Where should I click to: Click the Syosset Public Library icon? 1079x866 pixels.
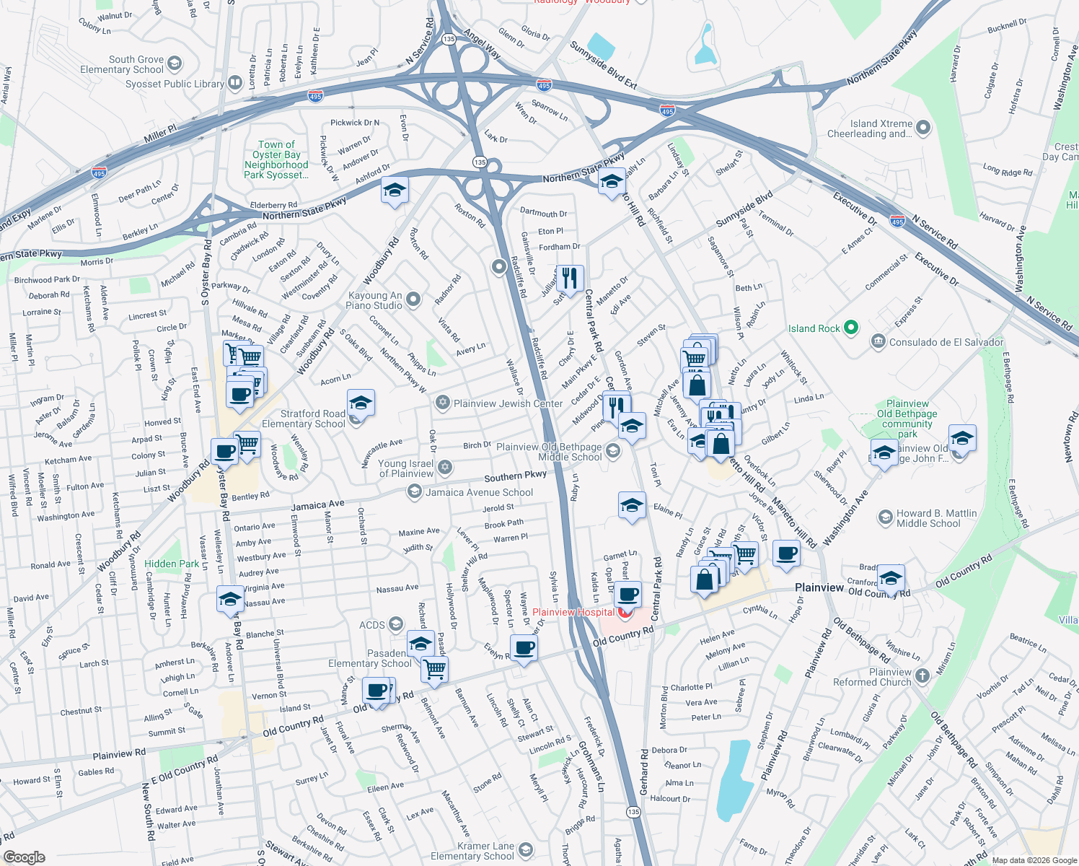pyautogui.click(x=234, y=83)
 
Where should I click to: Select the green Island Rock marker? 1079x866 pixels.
pyautogui.click(x=851, y=328)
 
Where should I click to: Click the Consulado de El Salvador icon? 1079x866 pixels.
pyautogui.click(x=878, y=341)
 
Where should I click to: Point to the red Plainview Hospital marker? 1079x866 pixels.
pyautogui.click(x=625, y=613)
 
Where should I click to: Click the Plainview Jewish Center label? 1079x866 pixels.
pyautogui.click(x=508, y=403)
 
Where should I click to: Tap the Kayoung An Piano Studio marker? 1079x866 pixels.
pyautogui.click(x=413, y=299)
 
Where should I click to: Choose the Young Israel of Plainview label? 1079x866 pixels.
pyautogui.click(x=406, y=468)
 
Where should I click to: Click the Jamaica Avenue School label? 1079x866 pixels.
pyautogui.click(x=480, y=492)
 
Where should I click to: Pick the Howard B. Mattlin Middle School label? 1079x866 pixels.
pyautogui.click(x=936, y=518)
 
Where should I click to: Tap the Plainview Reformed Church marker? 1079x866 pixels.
pyautogui.click(x=922, y=677)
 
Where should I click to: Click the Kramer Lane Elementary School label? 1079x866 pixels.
pyautogui.click(x=472, y=851)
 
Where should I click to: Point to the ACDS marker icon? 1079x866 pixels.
pyautogui.click(x=395, y=624)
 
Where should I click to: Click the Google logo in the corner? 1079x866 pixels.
pyautogui.click(x=25, y=857)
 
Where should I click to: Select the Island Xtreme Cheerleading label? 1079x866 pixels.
pyautogui.click(x=869, y=128)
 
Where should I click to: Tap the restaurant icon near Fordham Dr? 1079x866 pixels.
pyautogui.click(x=570, y=278)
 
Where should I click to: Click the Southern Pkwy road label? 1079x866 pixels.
pyautogui.click(x=515, y=476)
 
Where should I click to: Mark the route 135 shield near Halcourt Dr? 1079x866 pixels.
pyautogui.click(x=633, y=812)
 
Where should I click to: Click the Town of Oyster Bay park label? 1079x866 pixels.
pyautogui.click(x=276, y=159)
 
